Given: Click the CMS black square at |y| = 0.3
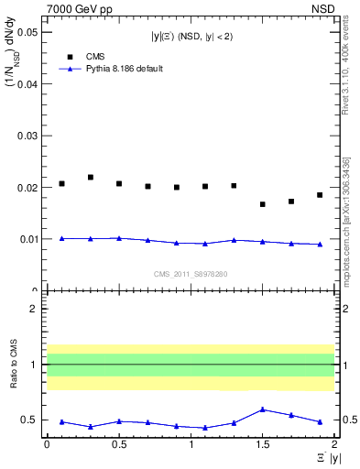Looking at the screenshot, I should coord(91,178).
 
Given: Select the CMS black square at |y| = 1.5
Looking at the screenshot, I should coord(263,204).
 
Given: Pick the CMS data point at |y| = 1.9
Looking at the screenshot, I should coord(320,195).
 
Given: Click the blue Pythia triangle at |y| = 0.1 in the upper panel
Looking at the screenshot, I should coord(61,238).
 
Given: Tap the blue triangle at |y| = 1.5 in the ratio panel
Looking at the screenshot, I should coord(263,409).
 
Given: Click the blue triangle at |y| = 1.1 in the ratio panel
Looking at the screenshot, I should coord(205,428).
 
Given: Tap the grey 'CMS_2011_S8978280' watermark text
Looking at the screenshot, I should coord(191,273).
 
